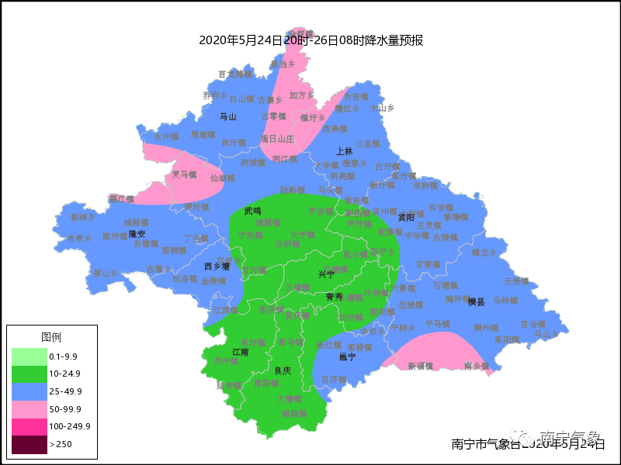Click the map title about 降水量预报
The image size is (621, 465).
(x=310, y=40)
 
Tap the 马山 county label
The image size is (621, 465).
(x=227, y=117)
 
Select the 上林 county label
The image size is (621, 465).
(x=344, y=151)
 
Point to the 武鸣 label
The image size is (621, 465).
(x=252, y=211)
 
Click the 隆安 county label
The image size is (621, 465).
(x=137, y=233)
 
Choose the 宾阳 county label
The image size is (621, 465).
(x=406, y=218)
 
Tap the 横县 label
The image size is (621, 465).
(x=476, y=301)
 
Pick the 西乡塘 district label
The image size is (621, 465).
(x=217, y=266)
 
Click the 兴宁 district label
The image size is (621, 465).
(x=327, y=274)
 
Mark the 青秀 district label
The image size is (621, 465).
(x=335, y=297)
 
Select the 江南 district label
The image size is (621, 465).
(x=241, y=352)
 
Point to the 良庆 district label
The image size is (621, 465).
(x=283, y=371)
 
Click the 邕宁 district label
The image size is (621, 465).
(x=347, y=357)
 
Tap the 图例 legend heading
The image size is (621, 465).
(x=51, y=337)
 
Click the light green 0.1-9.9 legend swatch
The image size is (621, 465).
(x=28, y=356)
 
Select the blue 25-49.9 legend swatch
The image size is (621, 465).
(x=28, y=391)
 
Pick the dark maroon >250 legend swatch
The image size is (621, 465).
(x=28, y=444)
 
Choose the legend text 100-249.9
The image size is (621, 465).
(x=70, y=426)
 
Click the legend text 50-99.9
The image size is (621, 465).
(x=65, y=409)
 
